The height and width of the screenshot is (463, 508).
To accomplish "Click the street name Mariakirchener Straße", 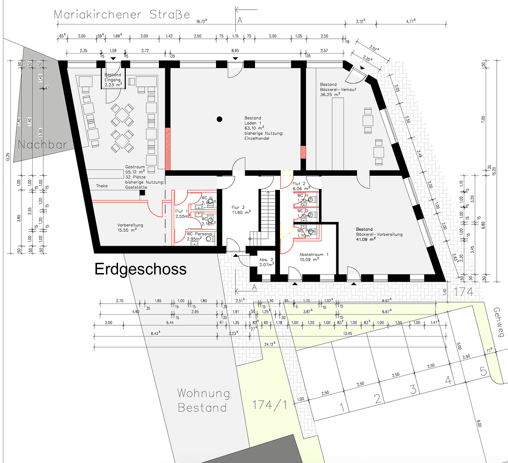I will point(122,15).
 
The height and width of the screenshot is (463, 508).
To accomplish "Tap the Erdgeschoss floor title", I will point(140,269).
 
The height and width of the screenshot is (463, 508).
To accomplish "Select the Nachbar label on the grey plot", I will point(43,144).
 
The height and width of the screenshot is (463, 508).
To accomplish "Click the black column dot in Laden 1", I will point(219,119).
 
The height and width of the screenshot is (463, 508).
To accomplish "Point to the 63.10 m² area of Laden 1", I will point(254,128).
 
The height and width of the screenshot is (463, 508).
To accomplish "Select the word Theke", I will point(102,186).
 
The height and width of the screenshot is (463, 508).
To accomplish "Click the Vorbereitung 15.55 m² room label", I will point(130,228).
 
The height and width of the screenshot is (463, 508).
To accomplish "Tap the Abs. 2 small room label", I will point(266,262).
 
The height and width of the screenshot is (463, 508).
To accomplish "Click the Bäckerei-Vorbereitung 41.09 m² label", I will point(379,234).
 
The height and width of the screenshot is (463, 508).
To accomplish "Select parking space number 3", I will point(413,389).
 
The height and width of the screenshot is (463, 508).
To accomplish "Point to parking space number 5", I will point(484,371).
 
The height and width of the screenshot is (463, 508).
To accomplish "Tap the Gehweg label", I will point(498,322).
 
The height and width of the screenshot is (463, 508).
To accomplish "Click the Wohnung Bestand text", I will point(203,400).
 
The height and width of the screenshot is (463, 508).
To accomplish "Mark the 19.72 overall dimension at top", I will point(201,21).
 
